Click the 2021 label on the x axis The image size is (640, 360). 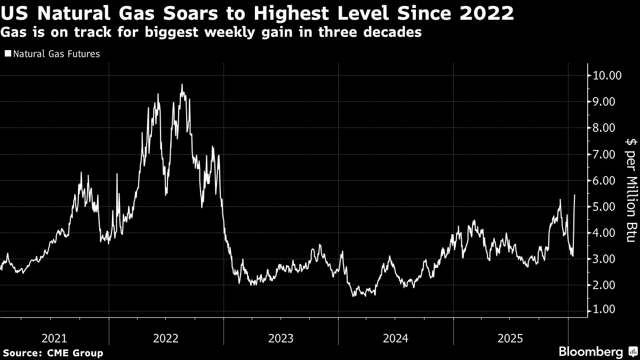(x=54, y=338)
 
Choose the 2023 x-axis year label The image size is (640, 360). (x=281, y=338)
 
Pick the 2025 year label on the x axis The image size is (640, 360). (x=511, y=338)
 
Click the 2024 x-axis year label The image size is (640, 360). (x=396, y=338)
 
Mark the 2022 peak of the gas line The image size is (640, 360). (x=182, y=84)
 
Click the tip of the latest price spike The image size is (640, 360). (x=574, y=195)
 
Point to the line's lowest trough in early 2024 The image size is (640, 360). (x=354, y=295)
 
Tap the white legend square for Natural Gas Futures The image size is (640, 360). (x=7, y=54)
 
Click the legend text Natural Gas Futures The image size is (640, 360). (x=56, y=54)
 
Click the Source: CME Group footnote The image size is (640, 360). (x=53, y=353)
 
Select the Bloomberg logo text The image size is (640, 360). (x=590, y=351)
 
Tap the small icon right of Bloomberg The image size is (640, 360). (x=632, y=351)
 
